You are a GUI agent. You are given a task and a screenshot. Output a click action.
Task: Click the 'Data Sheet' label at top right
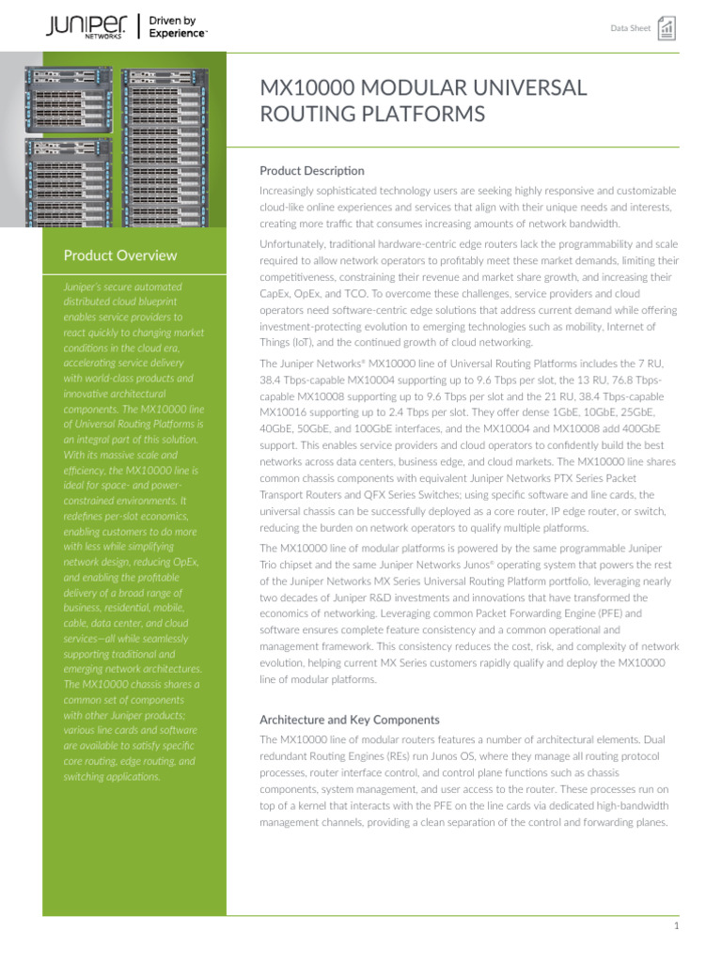pos(630,28)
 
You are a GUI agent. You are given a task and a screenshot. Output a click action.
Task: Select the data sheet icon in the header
pos(667,27)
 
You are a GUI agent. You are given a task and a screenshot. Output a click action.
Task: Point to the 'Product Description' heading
pos(311,171)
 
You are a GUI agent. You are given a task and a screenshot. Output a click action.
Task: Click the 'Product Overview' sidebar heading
pos(119,256)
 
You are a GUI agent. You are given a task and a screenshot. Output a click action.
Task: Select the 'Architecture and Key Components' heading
pos(349,720)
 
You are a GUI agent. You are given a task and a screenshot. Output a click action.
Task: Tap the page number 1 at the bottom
pos(676,925)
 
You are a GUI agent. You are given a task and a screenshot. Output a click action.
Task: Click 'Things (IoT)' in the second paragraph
pos(290,343)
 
